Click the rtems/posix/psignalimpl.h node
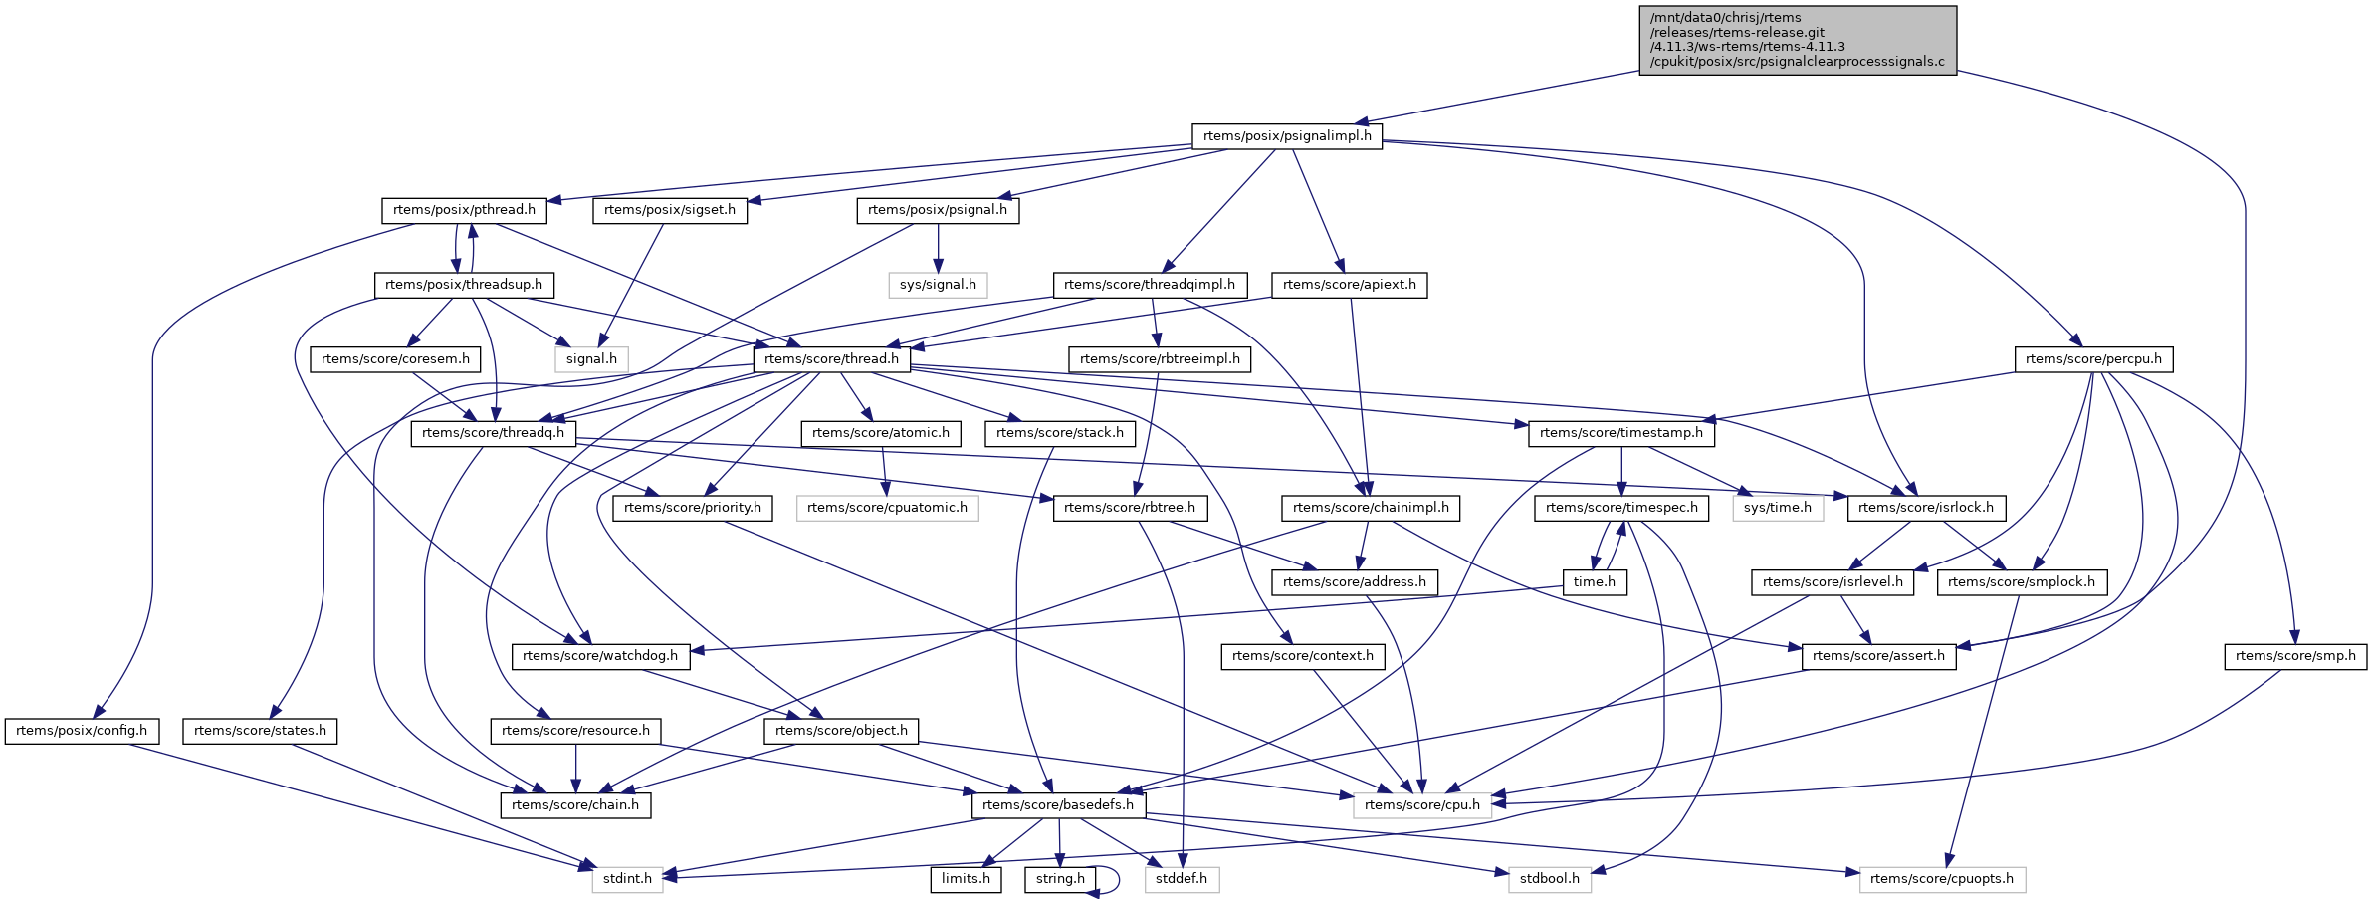coord(1286,136)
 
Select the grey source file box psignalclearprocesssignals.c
coord(1797,40)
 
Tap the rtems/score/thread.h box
coord(831,359)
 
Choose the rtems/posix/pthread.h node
coord(464,210)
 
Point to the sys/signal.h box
coord(938,285)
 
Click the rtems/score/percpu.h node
coord(2092,359)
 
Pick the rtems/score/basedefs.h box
coord(1057,805)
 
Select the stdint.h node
coord(627,879)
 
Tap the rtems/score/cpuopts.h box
coord(1941,879)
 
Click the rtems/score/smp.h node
coord(2295,656)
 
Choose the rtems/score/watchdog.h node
coord(599,656)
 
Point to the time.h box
coord(1594,582)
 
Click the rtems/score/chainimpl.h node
coord(1370,508)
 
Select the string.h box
coord(1060,879)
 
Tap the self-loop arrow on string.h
coord(1118,880)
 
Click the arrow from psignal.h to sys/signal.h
coord(938,247)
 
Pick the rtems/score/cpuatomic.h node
coord(887,508)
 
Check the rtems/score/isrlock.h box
coord(1925,508)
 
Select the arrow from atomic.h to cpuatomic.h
coord(884,470)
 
